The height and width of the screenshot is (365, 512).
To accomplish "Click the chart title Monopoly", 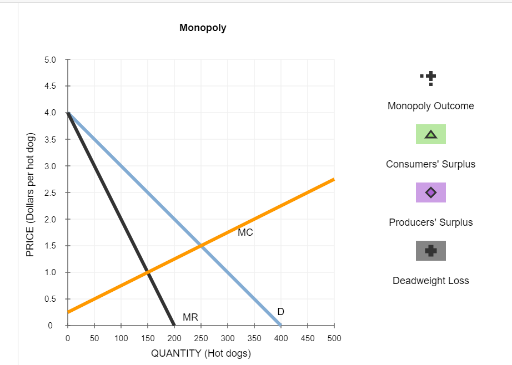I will coord(203,28).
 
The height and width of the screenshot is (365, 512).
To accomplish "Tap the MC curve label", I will coord(245,232).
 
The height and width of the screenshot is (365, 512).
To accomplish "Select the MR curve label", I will coord(190,317).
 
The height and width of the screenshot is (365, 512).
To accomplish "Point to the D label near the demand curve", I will coord(281,312).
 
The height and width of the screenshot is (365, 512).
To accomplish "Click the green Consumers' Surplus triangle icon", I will coord(430,135).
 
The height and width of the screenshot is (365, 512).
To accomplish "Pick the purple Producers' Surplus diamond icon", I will coord(430,192).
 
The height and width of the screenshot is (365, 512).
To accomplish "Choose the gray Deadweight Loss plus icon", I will coord(430,251).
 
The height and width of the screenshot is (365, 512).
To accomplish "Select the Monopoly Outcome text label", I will coord(430,106).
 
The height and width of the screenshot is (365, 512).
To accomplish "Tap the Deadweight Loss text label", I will coord(430,281).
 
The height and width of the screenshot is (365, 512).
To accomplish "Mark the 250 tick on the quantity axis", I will coord(200,338).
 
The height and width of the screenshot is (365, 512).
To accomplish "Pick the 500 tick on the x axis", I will coord(334,338).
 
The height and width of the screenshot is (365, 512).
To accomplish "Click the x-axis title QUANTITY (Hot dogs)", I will coord(201,354).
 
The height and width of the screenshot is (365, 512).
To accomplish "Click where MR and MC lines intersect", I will coord(147,272).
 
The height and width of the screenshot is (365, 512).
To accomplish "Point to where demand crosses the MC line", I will coord(200,246).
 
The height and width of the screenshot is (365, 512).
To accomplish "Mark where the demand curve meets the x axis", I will coord(280,325).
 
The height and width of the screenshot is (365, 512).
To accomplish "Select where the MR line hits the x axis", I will coord(174,325).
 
